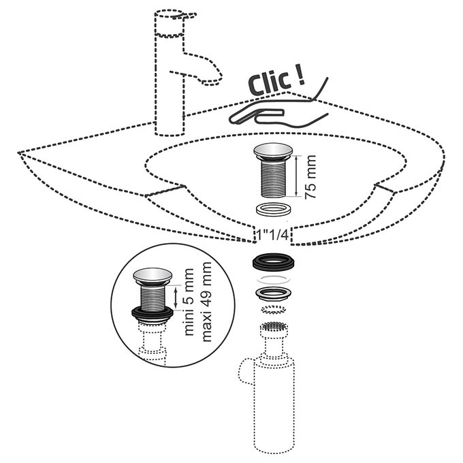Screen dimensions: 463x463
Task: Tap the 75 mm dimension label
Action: (310, 176)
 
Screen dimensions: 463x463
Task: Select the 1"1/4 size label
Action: (272, 236)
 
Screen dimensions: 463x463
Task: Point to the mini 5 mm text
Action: (189, 302)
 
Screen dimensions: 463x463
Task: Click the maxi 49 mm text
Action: (207, 302)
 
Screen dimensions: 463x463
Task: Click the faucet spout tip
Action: (211, 82)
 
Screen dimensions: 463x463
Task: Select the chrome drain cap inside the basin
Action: (273, 151)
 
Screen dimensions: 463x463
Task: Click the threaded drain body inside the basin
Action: (273, 178)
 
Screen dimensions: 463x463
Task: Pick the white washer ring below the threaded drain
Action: (273, 209)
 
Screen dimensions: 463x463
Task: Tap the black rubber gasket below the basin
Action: (274, 263)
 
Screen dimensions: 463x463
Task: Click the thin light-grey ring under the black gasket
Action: (274, 279)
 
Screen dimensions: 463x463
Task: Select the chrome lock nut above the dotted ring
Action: (274, 294)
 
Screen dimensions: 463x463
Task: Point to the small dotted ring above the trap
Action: (274, 310)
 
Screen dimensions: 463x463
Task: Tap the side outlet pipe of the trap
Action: (246, 372)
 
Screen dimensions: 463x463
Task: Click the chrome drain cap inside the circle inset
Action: (153, 276)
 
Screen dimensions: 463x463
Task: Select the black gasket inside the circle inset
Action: (153, 314)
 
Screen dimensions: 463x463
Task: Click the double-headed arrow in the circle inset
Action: (176, 298)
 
